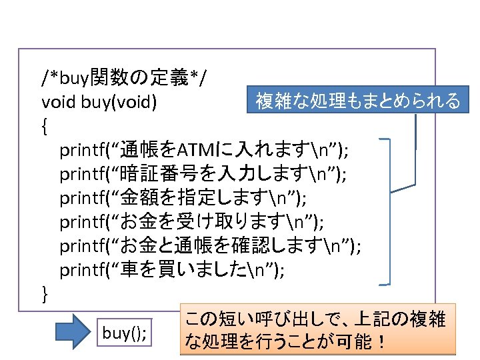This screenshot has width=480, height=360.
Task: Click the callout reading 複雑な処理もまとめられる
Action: tap(358, 101)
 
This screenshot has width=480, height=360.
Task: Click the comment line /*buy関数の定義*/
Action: tap(123, 79)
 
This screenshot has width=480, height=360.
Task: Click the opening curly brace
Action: tap(45, 125)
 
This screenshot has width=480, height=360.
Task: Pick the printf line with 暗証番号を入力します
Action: tap(203, 173)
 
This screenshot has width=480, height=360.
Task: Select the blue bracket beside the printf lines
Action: tap(389, 213)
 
